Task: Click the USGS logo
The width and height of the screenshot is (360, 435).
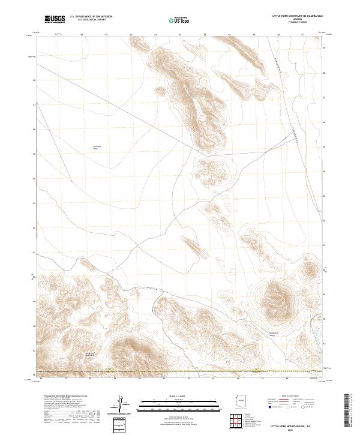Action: pyautogui.click(x=54, y=19)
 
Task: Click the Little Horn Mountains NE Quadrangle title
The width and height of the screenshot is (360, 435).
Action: pyautogui.click(x=298, y=16)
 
